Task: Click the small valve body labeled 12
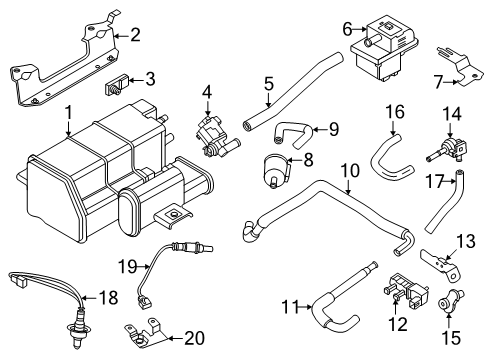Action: click(x=400, y=299)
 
